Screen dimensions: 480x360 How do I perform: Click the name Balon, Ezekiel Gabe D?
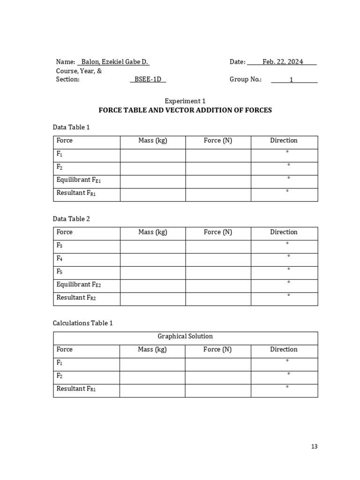coord(115,62)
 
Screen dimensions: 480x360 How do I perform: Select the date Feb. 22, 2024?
coord(283,62)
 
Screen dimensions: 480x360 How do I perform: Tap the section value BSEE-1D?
coord(148,79)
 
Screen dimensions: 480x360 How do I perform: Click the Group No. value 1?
coord(291,80)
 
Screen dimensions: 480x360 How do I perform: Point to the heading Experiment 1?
coord(185,101)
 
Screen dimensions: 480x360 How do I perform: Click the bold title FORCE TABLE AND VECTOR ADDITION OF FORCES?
coord(185,110)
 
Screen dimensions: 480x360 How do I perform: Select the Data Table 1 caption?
coord(71,127)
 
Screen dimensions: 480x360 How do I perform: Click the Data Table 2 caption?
coord(71,219)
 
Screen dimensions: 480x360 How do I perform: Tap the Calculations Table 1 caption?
coord(83,323)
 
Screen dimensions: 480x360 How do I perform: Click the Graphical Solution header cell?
coord(185,336)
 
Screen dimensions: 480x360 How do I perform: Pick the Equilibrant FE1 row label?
coord(78,180)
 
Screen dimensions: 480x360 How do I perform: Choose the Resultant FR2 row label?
coord(76,298)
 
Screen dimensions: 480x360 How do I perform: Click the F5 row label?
coord(60,271)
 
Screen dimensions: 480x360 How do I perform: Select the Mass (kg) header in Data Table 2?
coord(153,232)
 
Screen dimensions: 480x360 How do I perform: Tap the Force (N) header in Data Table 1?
coord(218,140)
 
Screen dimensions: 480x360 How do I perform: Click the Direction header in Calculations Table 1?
coord(284,349)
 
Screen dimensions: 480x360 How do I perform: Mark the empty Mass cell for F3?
coord(153,247)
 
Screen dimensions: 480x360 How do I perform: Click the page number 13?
coord(314,446)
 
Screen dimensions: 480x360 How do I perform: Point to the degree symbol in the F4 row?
coord(289,256)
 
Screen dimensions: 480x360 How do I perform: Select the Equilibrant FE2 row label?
coord(78,285)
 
